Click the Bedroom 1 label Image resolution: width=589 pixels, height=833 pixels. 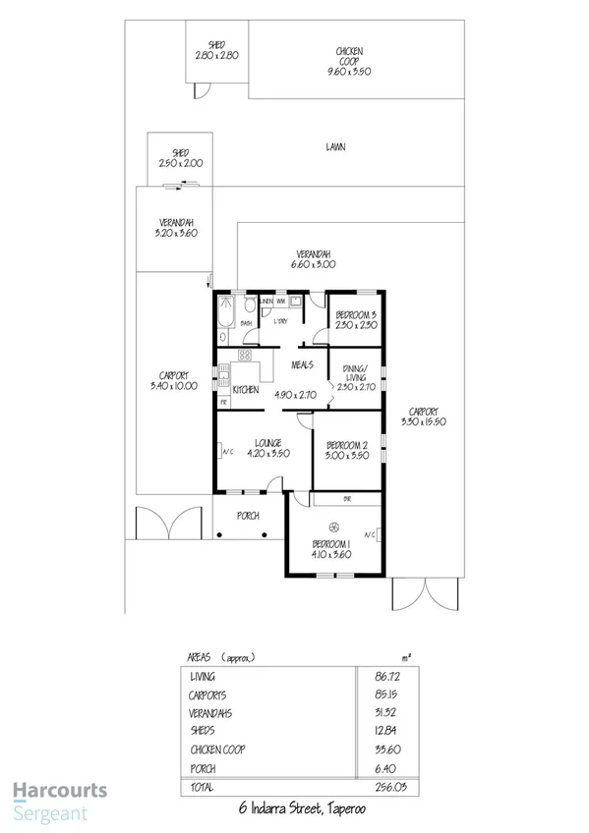tap(330, 544)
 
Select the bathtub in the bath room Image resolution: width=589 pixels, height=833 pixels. tap(225, 314)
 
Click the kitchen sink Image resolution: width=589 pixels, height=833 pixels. tap(223, 375)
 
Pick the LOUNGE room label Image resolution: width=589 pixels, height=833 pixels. tap(263, 442)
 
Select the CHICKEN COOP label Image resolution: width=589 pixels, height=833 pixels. tap(349, 51)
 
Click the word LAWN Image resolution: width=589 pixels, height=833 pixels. tap(336, 147)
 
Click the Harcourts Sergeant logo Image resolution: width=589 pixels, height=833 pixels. tap(59, 801)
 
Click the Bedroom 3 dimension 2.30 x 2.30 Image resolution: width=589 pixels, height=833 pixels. tap(356, 324)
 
